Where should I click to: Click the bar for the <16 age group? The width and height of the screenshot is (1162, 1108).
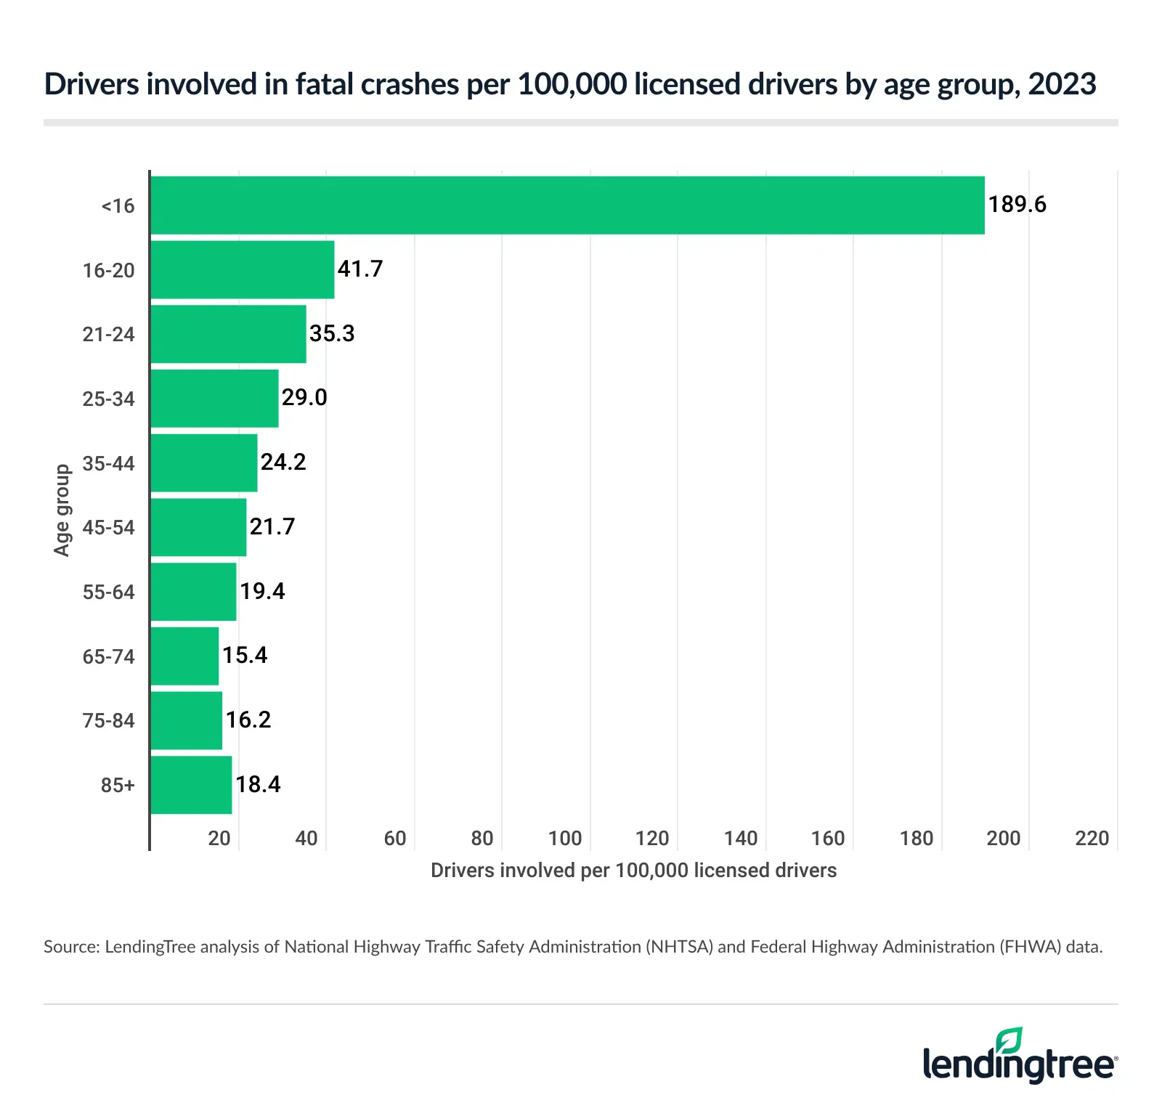coord(566,205)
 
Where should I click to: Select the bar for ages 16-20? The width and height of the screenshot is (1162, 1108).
coord(243,269)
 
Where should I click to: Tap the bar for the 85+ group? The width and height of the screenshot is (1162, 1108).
coord(192,785)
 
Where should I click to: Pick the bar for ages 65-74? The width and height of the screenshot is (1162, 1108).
coord(185,656)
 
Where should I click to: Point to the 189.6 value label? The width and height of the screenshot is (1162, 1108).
coord(1017,205)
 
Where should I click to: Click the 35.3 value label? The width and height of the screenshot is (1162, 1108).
coord(332,333)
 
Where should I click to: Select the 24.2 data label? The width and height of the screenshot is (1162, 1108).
coord(283,462)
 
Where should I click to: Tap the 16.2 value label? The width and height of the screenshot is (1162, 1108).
coord(248,720)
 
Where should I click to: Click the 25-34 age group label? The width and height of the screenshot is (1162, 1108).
coord(109,399)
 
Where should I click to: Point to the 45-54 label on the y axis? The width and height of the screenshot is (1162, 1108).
coord(109,527)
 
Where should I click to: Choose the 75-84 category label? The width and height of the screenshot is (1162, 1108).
coord(109,720)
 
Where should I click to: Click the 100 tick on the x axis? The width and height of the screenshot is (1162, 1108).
coord(565,839)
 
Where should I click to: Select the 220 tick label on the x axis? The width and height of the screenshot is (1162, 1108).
coord(1092,839)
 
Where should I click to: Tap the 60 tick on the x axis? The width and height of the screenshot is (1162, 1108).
coord(395,839)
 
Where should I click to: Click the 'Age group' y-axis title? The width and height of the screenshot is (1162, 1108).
coord(62,510)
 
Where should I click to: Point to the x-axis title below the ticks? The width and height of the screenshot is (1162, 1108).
coord(633,871)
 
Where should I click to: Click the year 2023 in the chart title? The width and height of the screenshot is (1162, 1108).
coord(1062,84)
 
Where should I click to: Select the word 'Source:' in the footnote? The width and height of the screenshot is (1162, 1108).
coord(71,947)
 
